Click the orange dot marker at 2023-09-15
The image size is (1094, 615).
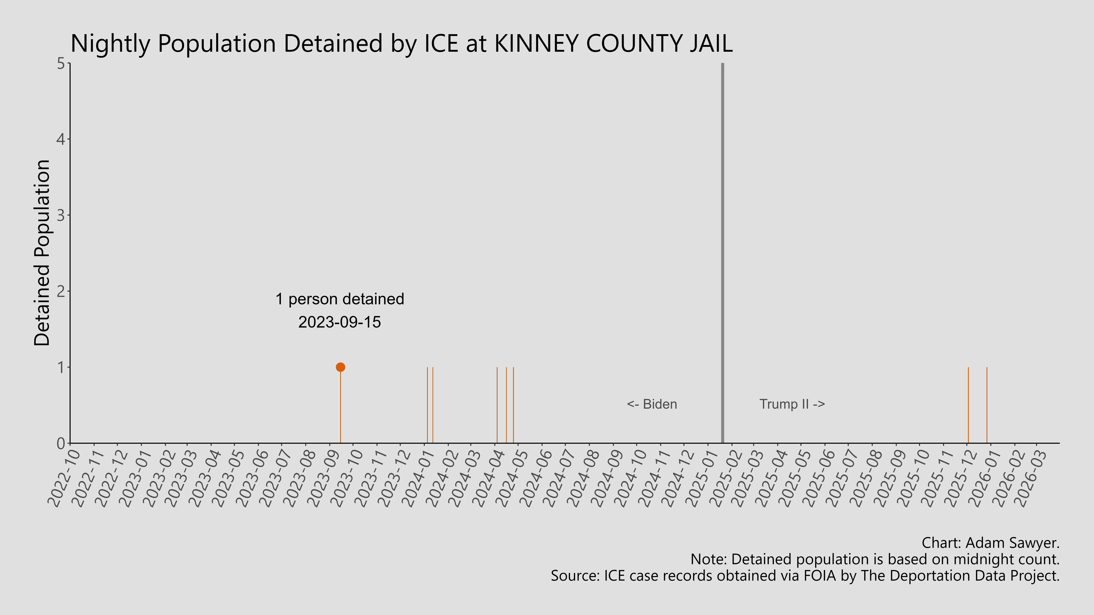click(340, 367)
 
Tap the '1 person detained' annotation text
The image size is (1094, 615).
click(340, 299)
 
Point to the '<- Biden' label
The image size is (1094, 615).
click(652, 404)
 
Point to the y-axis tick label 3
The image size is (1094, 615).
click(61, 215)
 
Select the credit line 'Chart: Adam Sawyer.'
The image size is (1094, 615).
click(990, 543)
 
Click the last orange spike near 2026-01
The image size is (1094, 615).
click(987, 403)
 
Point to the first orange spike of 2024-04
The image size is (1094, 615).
click(497, 403)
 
